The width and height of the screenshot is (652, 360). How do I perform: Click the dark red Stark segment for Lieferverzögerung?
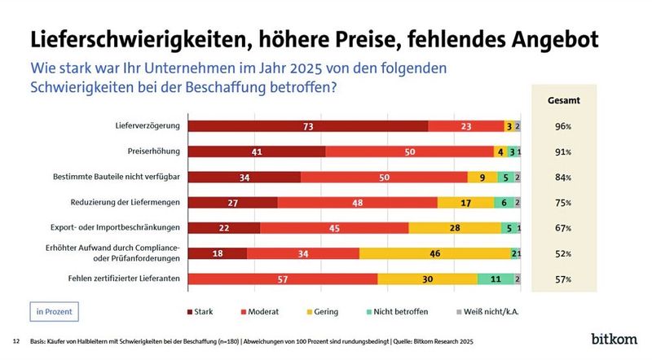(308, 126)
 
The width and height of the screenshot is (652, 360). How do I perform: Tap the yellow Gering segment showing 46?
(434, 253)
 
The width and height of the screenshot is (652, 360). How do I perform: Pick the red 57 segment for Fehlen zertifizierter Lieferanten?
(283, 279)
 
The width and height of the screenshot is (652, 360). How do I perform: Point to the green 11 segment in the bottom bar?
(496, 279)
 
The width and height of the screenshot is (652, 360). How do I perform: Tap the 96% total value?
(562, 126)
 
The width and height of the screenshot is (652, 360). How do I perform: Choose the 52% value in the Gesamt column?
(562, 253)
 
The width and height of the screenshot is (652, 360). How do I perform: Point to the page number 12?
(16, 340)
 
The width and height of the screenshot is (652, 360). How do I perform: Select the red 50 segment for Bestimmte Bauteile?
(384, 177)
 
